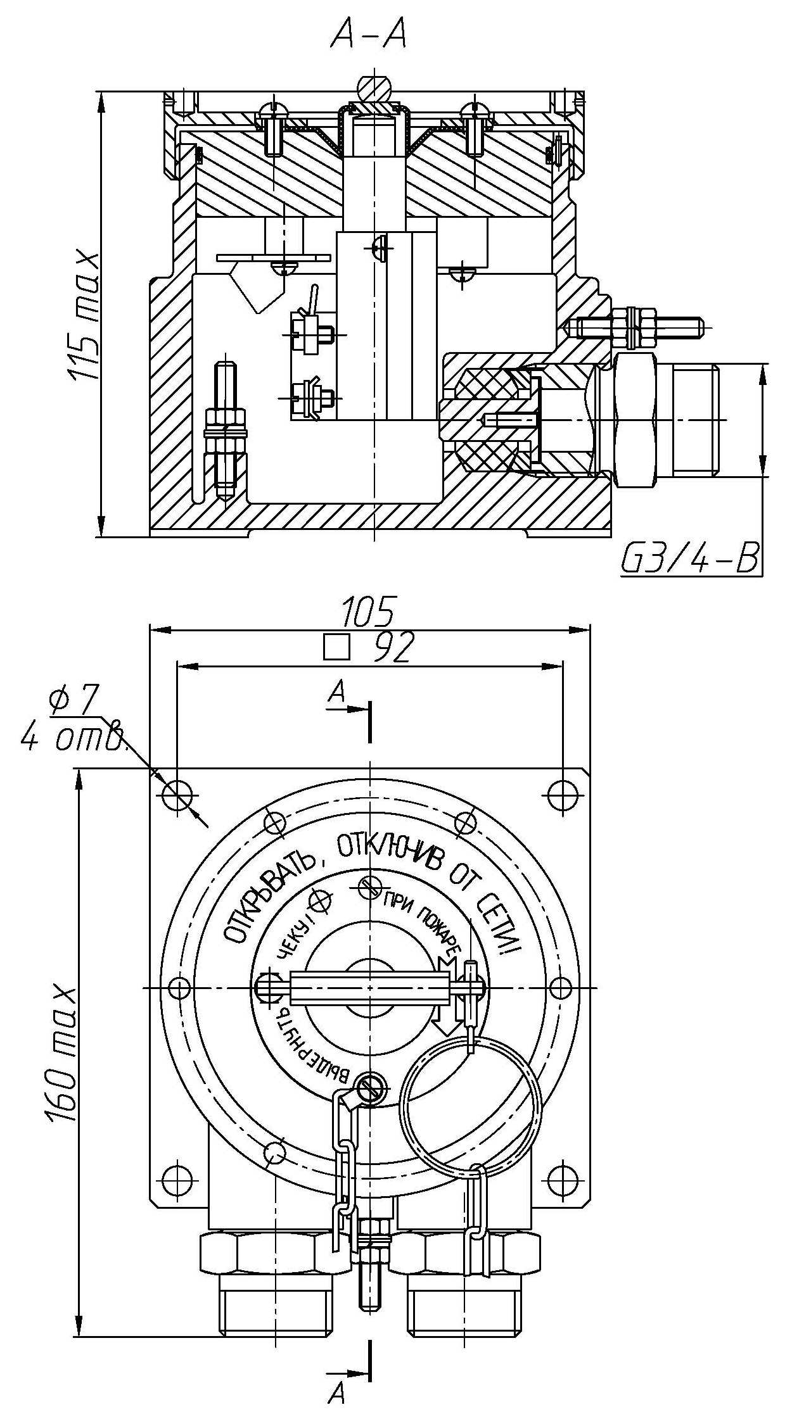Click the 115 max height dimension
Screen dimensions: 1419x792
pyautogui.click(x=84, y=317)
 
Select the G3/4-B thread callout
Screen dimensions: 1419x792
pyautogui.click(x=690, y=558)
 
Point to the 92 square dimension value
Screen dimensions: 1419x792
pyautogui.click(x=393, y=648)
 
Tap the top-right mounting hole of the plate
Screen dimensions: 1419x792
pyautogui.click(x=561, y=794)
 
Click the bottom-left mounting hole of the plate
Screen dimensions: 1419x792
pyautogui.click(x=177, y=1175)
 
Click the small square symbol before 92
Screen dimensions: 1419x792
pyautogui.click(x=336, y=648)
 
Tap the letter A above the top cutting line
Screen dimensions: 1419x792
pyautogui.click(x=338, y=691)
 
